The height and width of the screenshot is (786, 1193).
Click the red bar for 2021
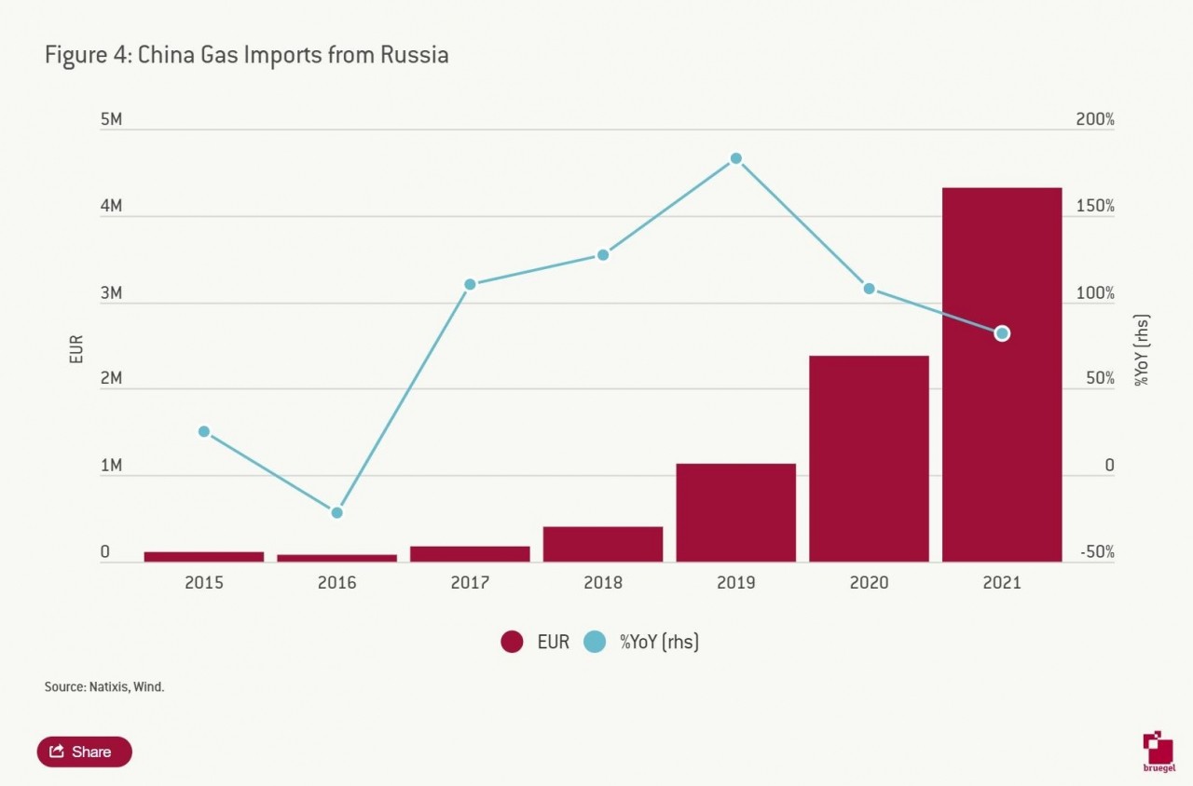pos(1002,391)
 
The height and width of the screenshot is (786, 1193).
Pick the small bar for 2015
pos(204,556)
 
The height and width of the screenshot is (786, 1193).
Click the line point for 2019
pos(735,158)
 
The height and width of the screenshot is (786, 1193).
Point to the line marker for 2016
pos(336,512)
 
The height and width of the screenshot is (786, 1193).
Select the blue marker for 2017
pos(470,284)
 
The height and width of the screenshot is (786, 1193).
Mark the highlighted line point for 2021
pos(1002,333)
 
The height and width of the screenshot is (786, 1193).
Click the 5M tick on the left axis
pos(111,120)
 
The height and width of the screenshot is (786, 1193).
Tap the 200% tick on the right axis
pos(1095,120)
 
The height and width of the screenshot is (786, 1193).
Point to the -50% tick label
pos(1096,552)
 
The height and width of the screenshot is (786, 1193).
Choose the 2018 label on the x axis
pos(603,583)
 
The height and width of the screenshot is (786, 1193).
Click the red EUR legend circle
pos(512,642)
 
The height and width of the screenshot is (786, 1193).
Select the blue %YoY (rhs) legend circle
pos(595,642)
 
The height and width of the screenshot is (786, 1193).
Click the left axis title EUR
pos(77,349)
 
